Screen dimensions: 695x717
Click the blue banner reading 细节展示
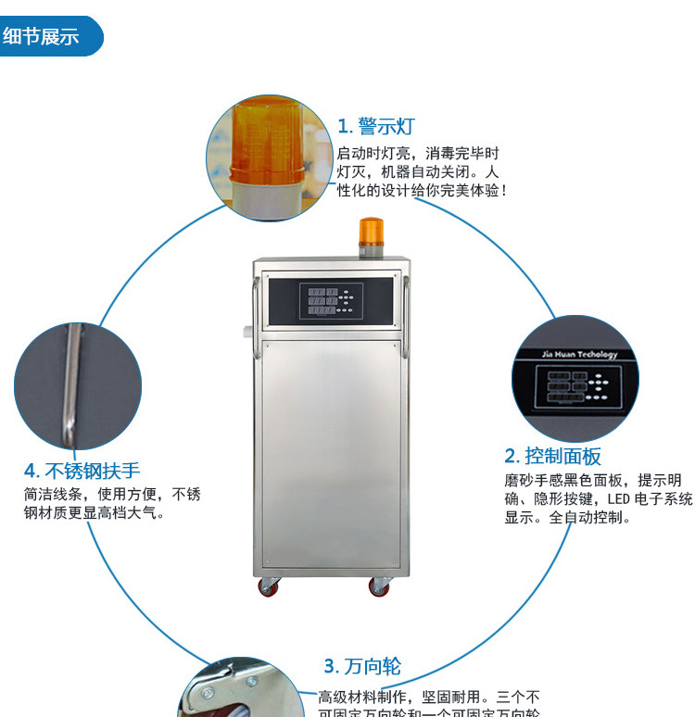point(46,38)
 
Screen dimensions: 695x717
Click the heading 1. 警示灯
point(375,126)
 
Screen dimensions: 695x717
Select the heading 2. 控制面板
point(552,456)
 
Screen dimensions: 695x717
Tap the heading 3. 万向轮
point(362,666)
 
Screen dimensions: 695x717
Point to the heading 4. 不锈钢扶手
point(82,471)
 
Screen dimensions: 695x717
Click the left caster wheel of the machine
point(268,586)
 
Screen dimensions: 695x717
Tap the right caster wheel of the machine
point(379,586)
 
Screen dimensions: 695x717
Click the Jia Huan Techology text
point(578,355)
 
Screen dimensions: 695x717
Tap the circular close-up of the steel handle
point(77,385)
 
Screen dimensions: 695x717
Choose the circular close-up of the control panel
point(575,380)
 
